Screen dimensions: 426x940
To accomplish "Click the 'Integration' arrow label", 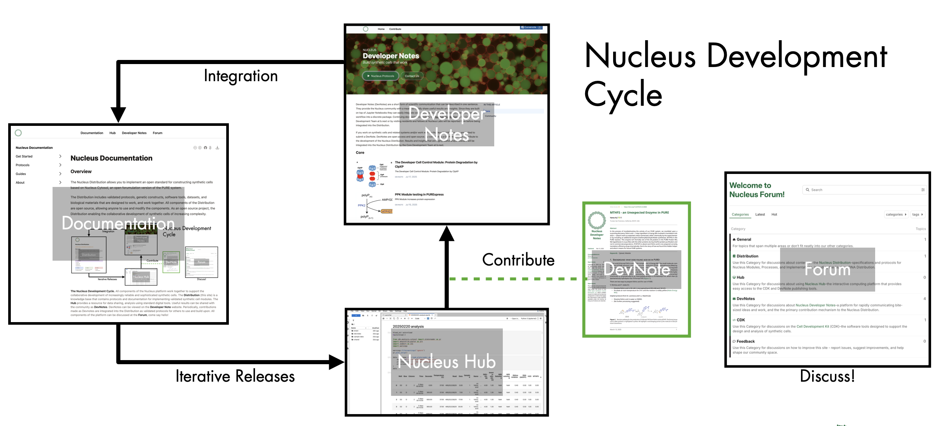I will (x=241, y=76).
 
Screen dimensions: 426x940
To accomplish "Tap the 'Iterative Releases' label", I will (x=235, y=376).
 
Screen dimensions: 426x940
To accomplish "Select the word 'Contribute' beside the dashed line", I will (x=518, y=260).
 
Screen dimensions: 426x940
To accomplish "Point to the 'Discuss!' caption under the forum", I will (x=827, y=376).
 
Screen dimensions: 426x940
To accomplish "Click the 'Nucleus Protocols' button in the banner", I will (x=381, y=76).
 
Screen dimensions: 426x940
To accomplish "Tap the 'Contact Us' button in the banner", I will (x=412, y=76).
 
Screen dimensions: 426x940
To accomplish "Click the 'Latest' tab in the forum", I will (x=760, y=214).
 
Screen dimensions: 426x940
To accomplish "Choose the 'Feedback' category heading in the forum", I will (x=745, y=341).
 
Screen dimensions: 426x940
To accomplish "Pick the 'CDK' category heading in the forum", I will (x=741, y=320).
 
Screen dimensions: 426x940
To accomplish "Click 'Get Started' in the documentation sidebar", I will (x=24, y=156).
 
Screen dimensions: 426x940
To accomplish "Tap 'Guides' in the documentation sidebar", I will (x=21, y=174).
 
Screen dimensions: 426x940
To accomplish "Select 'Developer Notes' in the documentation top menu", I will (x=134, y=133).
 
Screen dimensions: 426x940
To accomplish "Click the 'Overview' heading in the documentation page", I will (x=81, y=172).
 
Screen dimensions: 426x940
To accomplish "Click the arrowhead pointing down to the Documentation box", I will (x=118, y=115).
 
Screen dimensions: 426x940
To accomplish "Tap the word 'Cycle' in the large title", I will (x=623, y=95).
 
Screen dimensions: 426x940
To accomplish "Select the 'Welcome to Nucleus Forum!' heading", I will (x=757, y=190).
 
